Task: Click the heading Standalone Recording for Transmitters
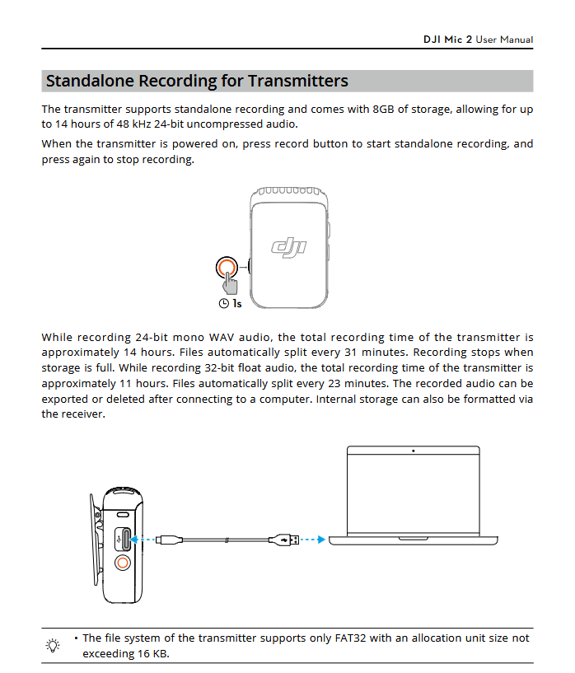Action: [x=197, y=81]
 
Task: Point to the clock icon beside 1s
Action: [x=223, y=304]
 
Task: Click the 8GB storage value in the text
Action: [x=384, y=109]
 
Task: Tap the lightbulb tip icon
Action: [x=54, y=645]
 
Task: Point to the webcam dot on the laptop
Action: [x=413, y=451]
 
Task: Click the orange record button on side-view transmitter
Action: [x=123, y=563]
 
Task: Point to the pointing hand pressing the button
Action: [x=231, y=284]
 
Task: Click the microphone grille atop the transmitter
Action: [x=288, y=192]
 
